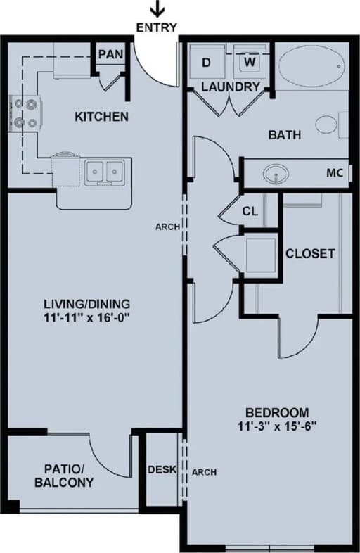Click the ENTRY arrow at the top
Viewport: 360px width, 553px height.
tap(158, 9)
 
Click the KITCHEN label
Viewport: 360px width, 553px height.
tap(101, 116)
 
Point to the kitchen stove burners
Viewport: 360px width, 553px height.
tap(23, 113)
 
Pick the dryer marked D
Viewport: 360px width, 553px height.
tap(207, 63)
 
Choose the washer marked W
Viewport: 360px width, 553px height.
tap(250, 62)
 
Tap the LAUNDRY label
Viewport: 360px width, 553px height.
tap(231, 87)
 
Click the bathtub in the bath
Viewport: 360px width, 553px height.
tap(311, 67)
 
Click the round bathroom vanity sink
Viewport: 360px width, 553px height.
tap(276, 173)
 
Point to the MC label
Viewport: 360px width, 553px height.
tap(335, 172)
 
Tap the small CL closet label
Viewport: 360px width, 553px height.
tap(250, 211)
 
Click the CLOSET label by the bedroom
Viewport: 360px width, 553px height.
tap(309, 253)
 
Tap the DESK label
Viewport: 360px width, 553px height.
tap(160, 471)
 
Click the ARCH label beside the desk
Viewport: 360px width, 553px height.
tap(204, 471)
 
